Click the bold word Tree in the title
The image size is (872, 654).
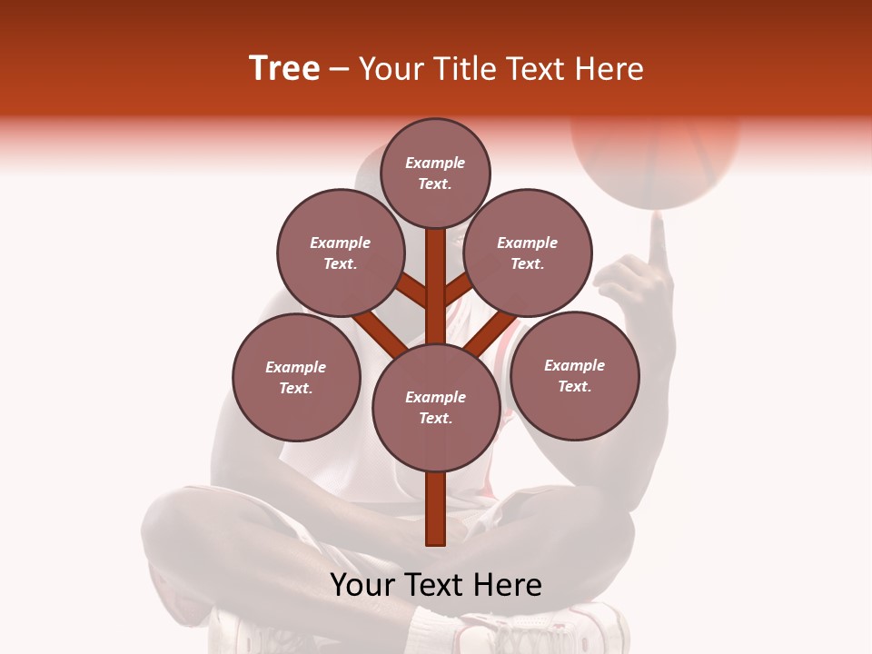pyautogui.click(x=284, y=69)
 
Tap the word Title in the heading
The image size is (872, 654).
pyautogui.click(x=466, y=69)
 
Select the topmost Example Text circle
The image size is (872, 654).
pyautogui.click(x=435, y=173)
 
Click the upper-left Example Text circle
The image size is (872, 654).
pyautogui.click(x=340, y=253)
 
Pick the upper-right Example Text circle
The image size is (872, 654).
pyautogui.click(x=528, y=253)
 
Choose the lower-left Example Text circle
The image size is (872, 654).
pyautogui.click(x=296, y=377)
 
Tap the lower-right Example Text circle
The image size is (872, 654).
pyautogui.click(x=574, y=375)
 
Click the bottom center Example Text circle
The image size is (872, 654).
pyautogui.click(x=435, y=408)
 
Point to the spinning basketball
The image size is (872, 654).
pyautogui.click(x=654, y=154)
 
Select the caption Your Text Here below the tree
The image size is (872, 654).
pyautogui.click(x=435, y=585)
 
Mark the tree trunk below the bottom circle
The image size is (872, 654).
pyautogui.click(x=435, y=509)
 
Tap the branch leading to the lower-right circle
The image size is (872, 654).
pyautogui.click(x=490, y=331)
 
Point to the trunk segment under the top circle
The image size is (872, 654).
pyautogui.click(x=435, y=272)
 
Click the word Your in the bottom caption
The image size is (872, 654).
pyautogui.click(x=362, y=585)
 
